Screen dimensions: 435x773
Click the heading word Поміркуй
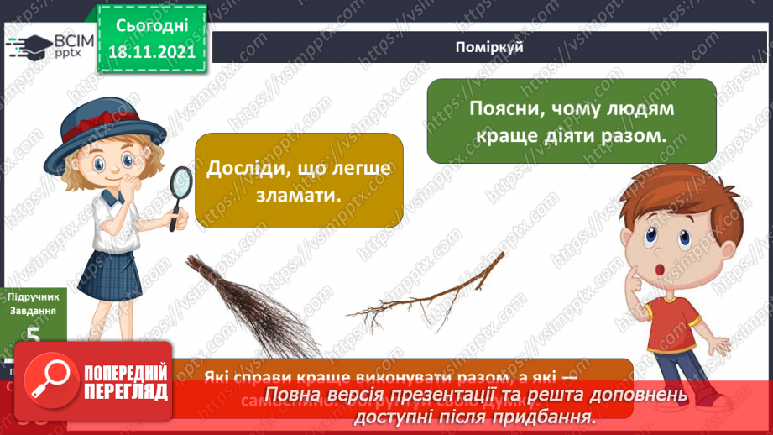pos(491,47)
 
